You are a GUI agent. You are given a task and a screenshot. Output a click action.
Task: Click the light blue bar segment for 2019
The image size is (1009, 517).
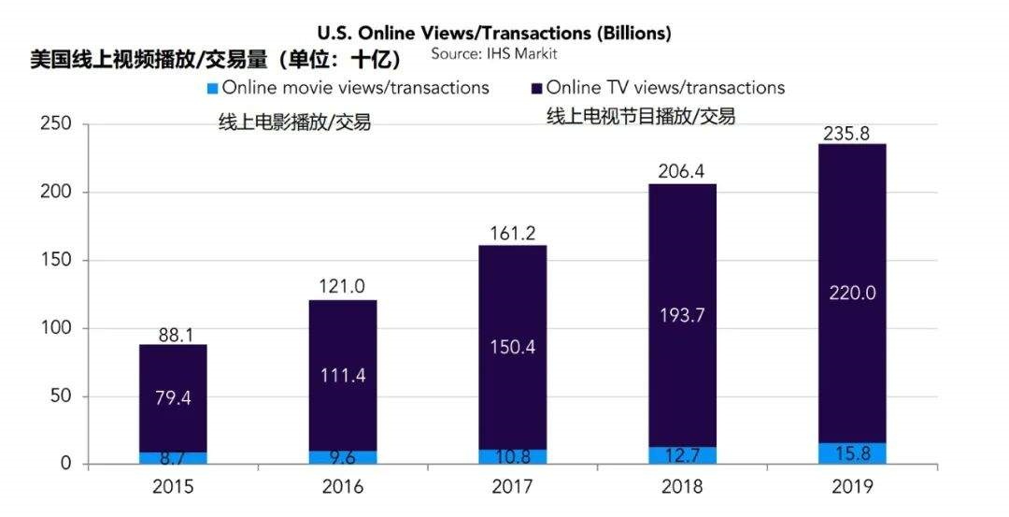click(x=851, y=453)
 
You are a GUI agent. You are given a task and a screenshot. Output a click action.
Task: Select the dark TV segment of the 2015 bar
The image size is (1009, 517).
click(x=173, y=374)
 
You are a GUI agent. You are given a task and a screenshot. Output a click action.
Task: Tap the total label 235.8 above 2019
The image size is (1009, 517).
click(x=846, y=134)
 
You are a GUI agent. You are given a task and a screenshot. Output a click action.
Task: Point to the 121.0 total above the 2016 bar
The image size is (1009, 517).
click(x=343, y=287)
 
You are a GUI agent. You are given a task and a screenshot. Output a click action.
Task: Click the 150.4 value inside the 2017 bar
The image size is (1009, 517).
click(x=512, y=349)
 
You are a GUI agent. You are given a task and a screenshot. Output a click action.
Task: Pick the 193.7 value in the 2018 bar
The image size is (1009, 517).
click(x=681, y=315)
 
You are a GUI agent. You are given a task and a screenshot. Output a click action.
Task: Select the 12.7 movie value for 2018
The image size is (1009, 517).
click(x=681, y=455)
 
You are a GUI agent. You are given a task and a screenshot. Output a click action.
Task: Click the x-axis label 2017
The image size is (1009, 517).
click(x=512, y=487)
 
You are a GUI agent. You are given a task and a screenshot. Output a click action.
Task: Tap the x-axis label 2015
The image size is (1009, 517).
click(x=173, y=487)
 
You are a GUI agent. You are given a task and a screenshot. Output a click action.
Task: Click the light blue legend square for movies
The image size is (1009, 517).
click(x=212, y=89)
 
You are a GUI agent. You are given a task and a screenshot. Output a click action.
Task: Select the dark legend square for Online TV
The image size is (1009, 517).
click(x=535, y=89)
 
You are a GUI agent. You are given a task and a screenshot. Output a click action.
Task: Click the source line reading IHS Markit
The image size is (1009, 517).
click(x=493, y=54)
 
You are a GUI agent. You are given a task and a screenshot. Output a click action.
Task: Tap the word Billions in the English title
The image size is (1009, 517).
click(x=632, y=33)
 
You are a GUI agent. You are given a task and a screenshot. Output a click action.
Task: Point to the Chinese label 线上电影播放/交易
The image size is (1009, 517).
click(x=294, y=122)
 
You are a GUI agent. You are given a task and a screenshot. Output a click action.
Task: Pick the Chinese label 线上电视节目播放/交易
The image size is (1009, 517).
click(x=640, y=117)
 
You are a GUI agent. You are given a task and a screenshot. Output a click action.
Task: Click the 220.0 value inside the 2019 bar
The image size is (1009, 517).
click(x=851, y=294)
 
